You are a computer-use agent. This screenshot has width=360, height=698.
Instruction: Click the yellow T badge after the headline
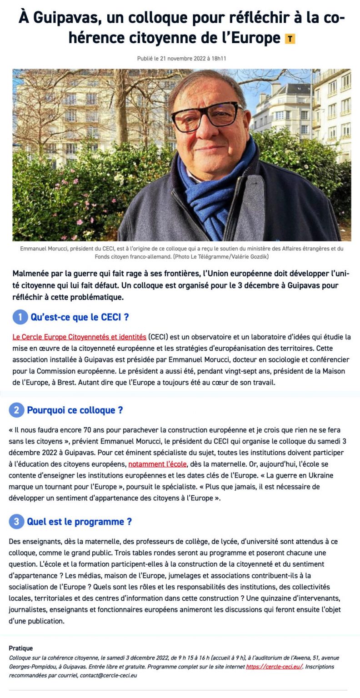(290, 39)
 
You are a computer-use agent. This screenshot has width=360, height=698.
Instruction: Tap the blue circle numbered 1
(20, 317)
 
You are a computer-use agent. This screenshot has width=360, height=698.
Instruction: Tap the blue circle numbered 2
(16, 410)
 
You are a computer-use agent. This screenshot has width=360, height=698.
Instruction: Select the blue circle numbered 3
(16, 521)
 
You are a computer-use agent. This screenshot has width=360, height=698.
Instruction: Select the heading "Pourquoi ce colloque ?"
(75, 410)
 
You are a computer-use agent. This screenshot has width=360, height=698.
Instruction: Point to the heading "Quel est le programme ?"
(80, 521)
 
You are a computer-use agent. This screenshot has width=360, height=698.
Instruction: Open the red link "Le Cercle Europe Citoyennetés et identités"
(80, 337)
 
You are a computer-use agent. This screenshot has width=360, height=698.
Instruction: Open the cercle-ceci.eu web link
(275, 667)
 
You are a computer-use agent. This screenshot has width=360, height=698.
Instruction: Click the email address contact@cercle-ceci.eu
(109, 675)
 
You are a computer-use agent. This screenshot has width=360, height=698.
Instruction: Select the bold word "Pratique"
(21, 648)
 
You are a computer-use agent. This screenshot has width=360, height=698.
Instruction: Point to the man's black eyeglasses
(207, 116)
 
